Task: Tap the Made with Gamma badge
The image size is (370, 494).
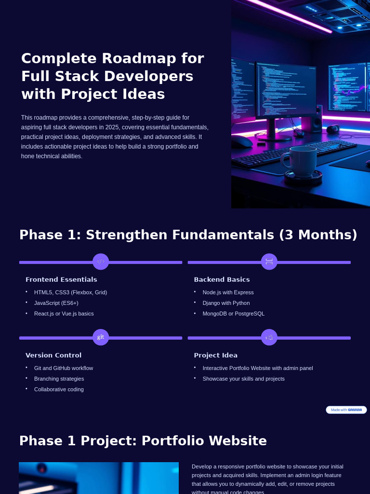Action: coord(346,410)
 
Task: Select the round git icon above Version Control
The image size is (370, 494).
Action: coord(101,337)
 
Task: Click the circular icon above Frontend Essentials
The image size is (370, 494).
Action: coord(101,261)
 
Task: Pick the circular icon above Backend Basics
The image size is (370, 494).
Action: coord(269,261)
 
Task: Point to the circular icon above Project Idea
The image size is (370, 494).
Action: coord(269,337)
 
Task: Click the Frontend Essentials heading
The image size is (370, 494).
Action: coord(61,280)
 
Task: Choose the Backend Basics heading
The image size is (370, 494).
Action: coord(222,280)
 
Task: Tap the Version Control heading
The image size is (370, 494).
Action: coord(53,356)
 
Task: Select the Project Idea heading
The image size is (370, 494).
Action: coord(216,356)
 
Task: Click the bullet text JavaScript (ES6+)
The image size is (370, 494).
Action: coord(56,303)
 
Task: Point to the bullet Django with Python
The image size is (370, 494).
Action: coord(226,303)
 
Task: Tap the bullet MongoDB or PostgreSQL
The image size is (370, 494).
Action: coord(233,314)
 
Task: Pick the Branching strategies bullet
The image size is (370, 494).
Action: coord(59,379)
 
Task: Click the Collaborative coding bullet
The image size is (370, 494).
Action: coord(59,389)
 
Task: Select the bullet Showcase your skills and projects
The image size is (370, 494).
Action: coord(243,379)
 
